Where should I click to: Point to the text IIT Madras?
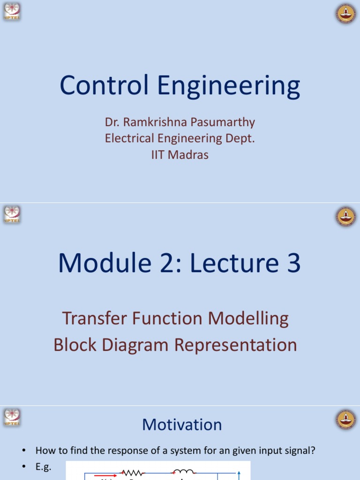180,155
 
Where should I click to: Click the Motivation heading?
182,425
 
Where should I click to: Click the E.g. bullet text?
44,467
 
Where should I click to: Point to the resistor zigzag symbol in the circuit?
132,473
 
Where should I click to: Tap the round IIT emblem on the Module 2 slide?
346,216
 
